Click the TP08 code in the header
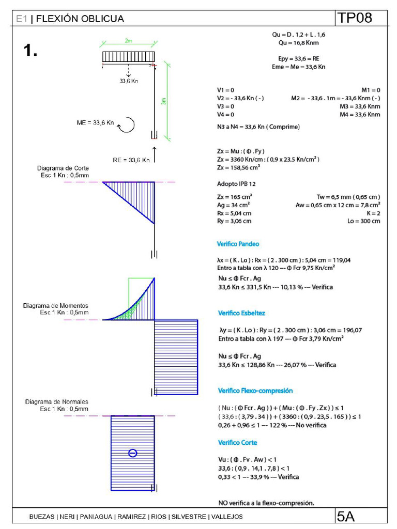(355, 18)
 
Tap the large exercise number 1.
(30, 50)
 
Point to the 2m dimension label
(128, 40)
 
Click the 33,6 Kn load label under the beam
(129, 81)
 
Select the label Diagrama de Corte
(63, 168)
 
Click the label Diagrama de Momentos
(56, 306)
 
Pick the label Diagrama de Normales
(56, 402)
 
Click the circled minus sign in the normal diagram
(133, 453)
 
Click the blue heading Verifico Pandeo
(238, 243)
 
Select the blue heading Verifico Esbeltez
(241, 313)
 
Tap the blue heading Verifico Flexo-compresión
(255, 391)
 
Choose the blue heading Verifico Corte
(237, 443)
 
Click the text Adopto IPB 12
(236, 183)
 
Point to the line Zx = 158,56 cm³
(239, 167)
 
